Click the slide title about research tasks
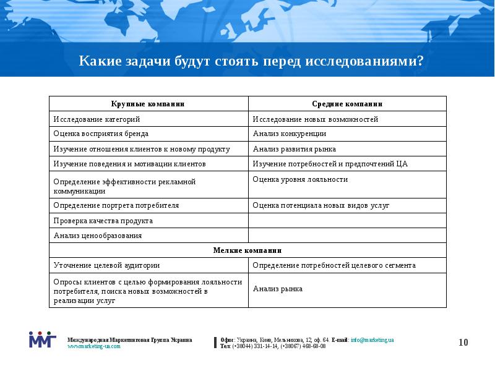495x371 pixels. tap(251, 62)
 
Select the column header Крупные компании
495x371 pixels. tap(148, 104)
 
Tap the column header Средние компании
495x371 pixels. tap(347, 104)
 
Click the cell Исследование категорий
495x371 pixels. tap(97, 119)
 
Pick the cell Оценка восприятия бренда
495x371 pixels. tap(101, 134)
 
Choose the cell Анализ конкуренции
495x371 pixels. tap(290, 134)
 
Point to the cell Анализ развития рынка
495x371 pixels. tap(295, 149)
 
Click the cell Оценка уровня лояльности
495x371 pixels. tap(300, 179)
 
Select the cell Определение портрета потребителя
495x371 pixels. tap(116, 205)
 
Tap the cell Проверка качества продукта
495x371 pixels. tap(103, 221)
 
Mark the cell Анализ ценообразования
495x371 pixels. tap(98, 236)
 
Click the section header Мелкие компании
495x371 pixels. tap(247, 250)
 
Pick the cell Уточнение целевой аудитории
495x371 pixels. tap(106, 265)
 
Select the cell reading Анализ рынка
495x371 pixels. tap(278, 289)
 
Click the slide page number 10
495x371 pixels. tap(464, 343)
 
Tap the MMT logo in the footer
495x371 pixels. tap(42, 339)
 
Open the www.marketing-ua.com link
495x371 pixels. tap(94, 346)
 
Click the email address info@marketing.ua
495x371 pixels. tap(372, 340)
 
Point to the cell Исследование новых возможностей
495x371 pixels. tap(316, 119)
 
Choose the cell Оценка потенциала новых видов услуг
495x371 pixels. tap(321, 205)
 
